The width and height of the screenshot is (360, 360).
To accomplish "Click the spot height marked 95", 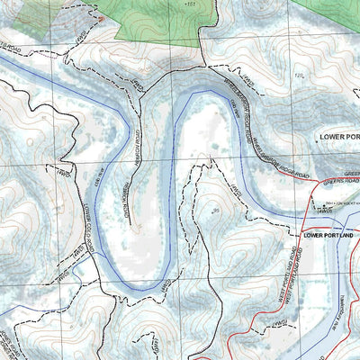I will pos(216,210).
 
